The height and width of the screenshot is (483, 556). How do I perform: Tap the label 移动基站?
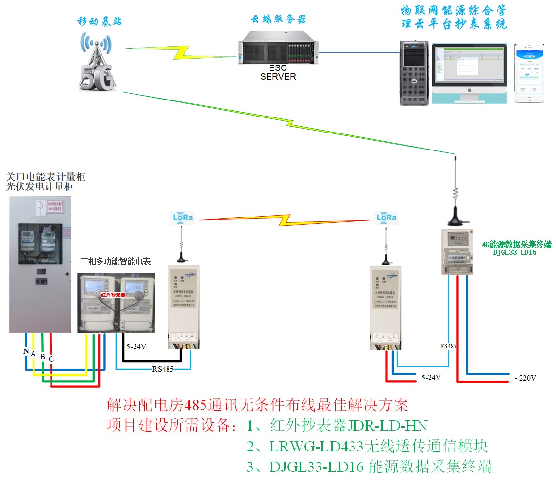(x=100, y=21)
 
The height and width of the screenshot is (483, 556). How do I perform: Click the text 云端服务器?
(x=278, y=19)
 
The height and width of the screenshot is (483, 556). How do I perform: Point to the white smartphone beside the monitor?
(x=530, y=73)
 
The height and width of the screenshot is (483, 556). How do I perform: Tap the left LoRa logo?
(x=183, y=217)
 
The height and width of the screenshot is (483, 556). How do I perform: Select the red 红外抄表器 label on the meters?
(x=113, y=295)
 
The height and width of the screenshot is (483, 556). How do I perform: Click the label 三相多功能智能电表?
(x=116, y=262)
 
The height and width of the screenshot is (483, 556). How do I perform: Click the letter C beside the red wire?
(x=51, y=358)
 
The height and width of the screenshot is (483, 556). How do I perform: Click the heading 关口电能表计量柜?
(x=46, y=176)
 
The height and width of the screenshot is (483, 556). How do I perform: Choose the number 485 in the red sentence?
(x=196, y=404)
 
